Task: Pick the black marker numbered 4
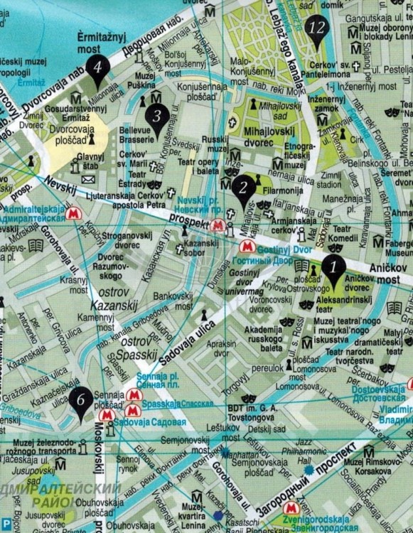tap(97, 69)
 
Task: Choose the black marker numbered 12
tap(318, 29)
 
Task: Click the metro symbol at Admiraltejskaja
tap(72, 212)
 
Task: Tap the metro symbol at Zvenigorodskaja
tap(289, 508)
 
